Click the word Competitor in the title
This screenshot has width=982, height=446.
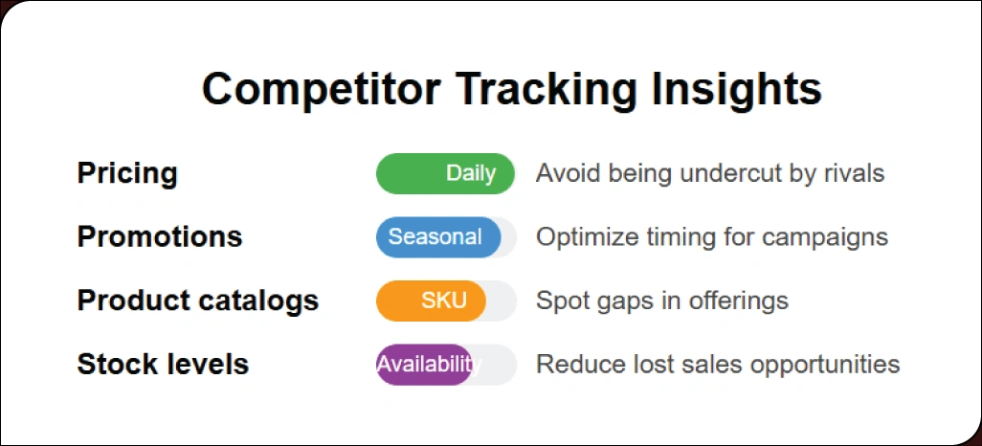321,89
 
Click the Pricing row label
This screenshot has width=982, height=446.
127,174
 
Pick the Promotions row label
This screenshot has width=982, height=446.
159,236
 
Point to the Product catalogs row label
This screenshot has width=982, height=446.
197,301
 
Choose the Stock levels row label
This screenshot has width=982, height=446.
163,365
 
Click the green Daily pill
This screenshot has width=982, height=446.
445,174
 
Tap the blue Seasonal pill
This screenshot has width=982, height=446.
437,237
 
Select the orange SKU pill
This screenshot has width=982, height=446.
432,301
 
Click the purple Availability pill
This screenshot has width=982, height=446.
424,365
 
